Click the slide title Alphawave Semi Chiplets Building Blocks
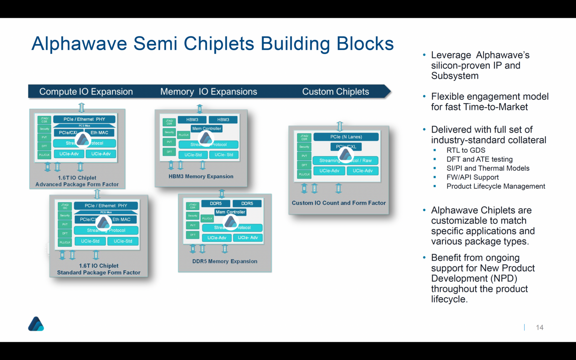[x=212, y=43]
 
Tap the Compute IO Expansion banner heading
[x=86, y=91]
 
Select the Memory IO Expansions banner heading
[x=208, y=91]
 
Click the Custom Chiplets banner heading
[x=335, y=91]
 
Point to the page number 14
[x=539, y=327]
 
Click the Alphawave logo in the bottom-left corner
[x=36, y=324]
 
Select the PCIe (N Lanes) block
[x=346, y=137]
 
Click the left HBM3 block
[x=192, y=120]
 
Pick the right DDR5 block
[x=247, y=204]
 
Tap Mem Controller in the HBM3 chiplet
[x=207, y=129]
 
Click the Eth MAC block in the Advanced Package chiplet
[x=99, y=132]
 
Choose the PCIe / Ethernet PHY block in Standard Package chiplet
[x=106, y=205]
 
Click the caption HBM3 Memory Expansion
[x=201, y=176]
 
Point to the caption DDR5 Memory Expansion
[x=225, y=261]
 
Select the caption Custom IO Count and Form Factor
[x=339, y=203]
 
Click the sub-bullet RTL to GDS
[x=465, y=150]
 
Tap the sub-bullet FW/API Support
[x=472, y=177]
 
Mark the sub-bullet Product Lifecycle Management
[x=495, y=186]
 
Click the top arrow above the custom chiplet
[x=339, y=126]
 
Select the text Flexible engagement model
[x=489, y=97]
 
